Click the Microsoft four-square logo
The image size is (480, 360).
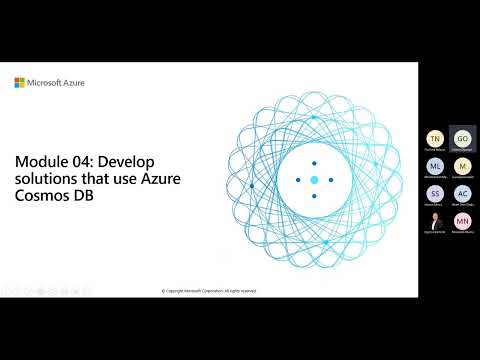click(19, 83)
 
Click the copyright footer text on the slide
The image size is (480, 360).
click(209, 291)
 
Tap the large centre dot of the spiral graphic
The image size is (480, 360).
click(313, 179)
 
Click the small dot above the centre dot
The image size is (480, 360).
click(313, 163)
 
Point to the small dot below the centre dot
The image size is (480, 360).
click(313, 196)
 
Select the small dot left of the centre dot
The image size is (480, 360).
click(297, 180)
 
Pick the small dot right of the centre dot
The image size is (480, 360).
click(330, 180)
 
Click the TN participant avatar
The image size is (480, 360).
click(434, 139)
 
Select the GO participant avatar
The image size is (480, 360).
click(460, 139)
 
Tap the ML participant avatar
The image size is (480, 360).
click(434, 166)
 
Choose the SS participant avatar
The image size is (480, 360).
click(434, 193)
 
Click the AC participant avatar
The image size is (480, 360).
click(460, 193)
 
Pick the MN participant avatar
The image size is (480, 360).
click(460, 220)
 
